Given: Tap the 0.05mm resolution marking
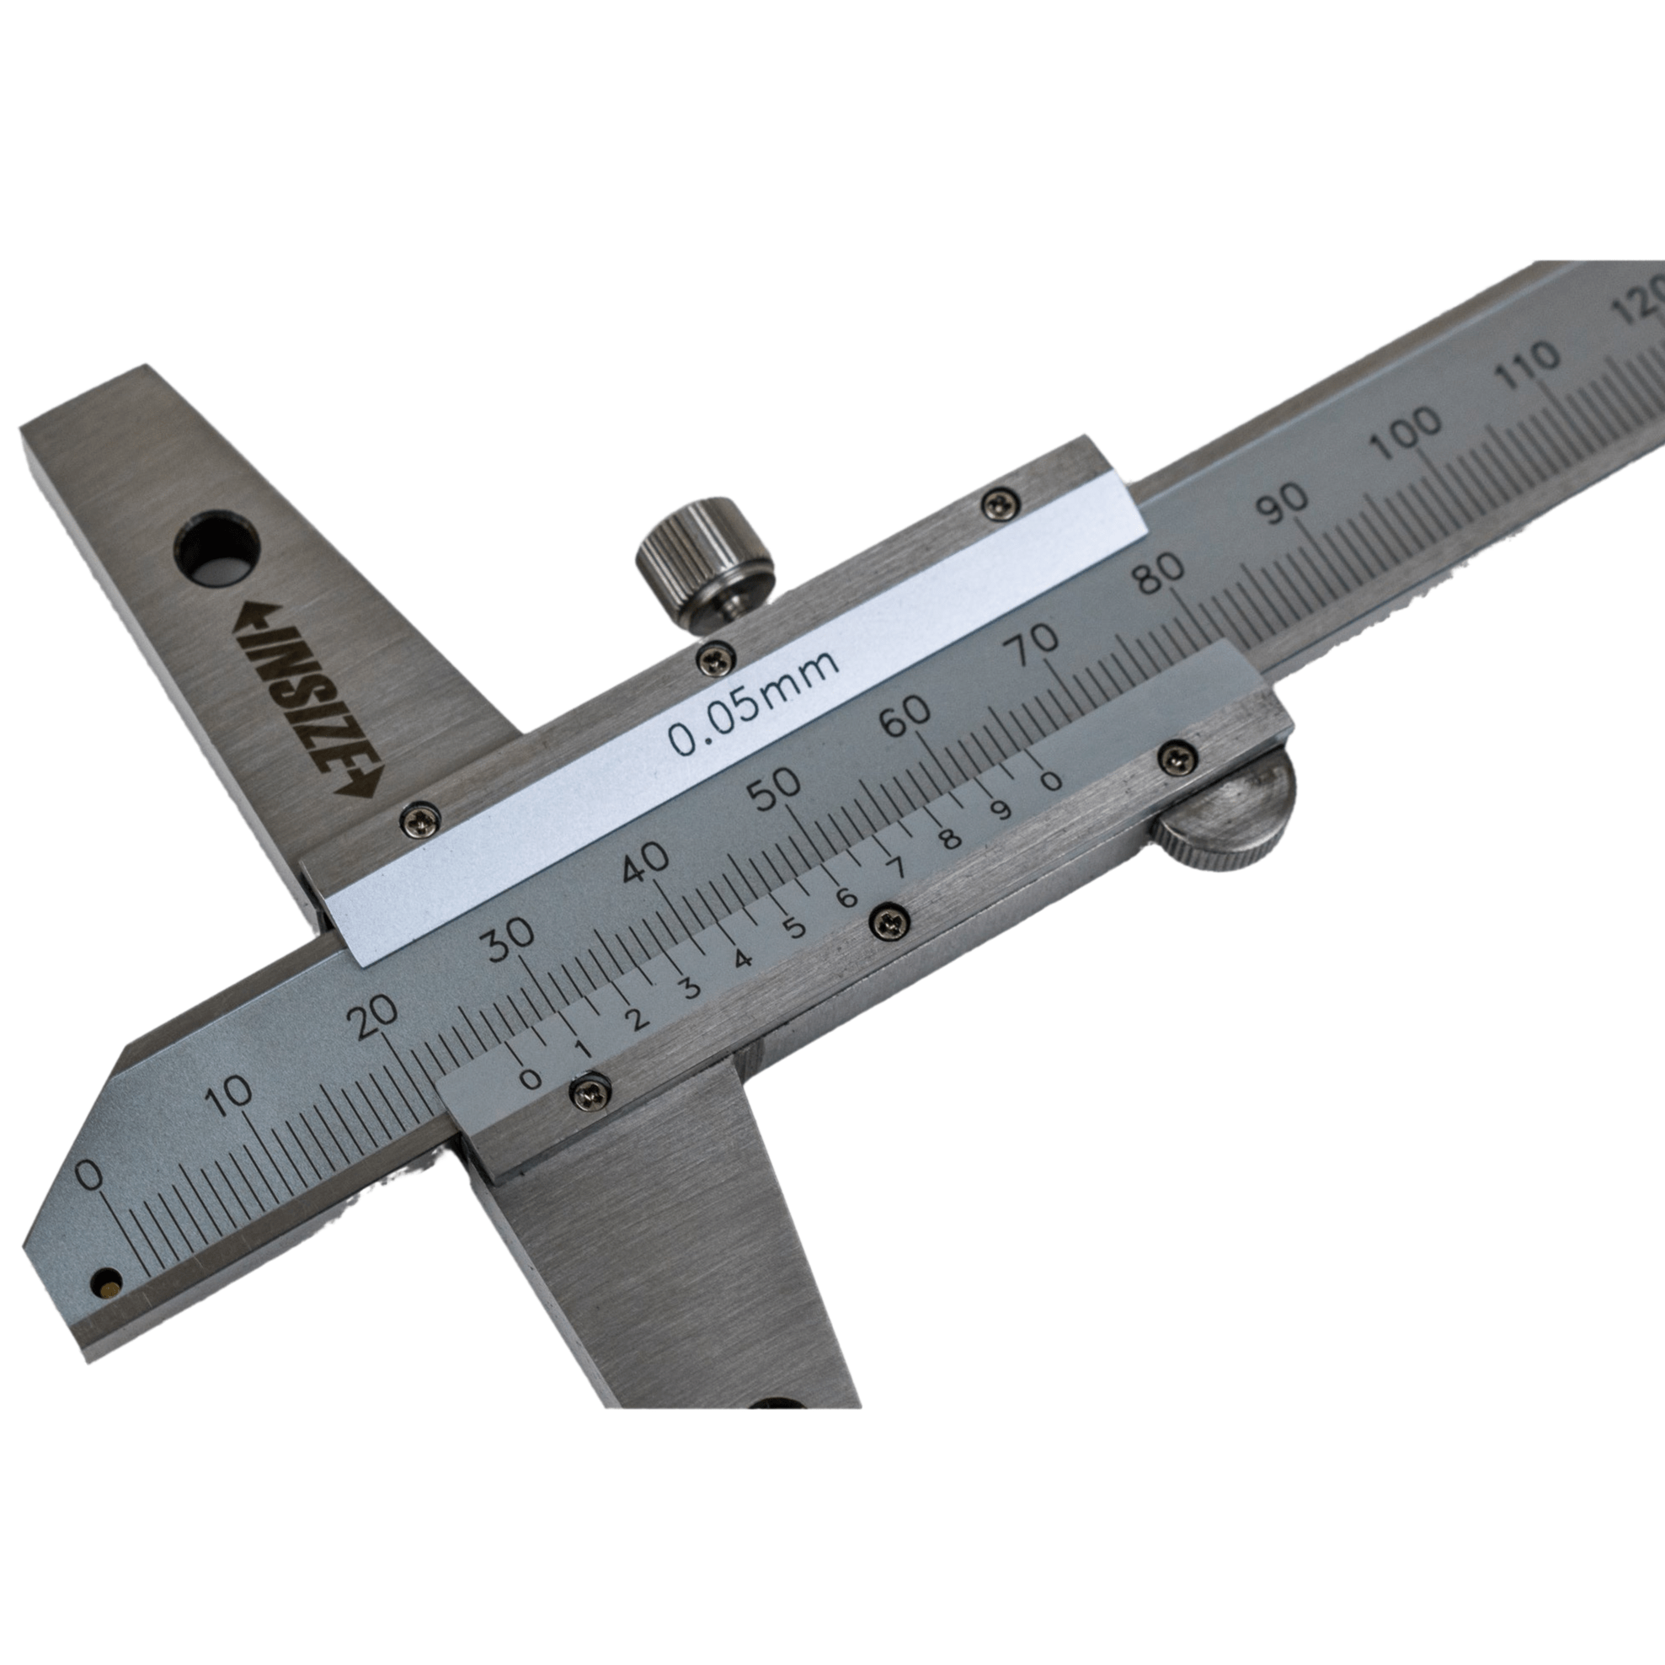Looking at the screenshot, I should (x=752, y=702).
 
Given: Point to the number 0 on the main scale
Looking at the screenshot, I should (x=88, y=1176).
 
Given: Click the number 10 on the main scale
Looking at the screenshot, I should (x=229, y=1097).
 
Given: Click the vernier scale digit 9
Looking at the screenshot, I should (x=1001, y=811).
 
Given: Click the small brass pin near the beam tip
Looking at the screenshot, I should (x=107, y=1288).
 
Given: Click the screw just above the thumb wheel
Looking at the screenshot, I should (x=1177, y=758).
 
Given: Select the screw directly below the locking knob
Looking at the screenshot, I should (x=715, y=659).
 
